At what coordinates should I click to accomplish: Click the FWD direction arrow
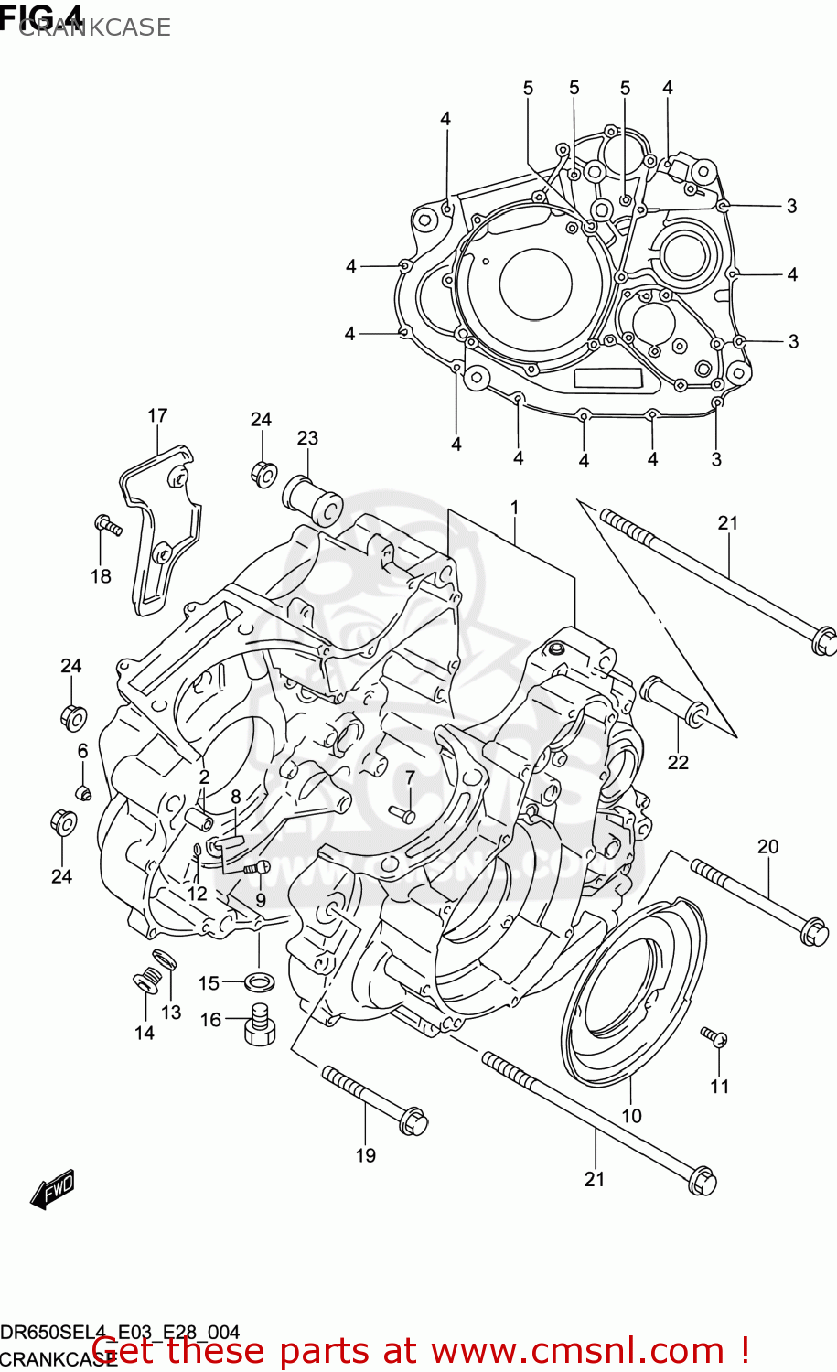(x=52, y=1189)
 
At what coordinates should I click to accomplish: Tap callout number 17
(x=157, y=416)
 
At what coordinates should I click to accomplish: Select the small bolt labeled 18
(x=107, y=526)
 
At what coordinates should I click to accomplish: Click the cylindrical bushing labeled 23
(x=314, y=498)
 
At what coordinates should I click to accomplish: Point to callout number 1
(x=515, y=508)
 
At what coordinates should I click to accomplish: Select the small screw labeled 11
(x=714, y=1036)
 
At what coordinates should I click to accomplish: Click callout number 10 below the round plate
(x=631, y=1116)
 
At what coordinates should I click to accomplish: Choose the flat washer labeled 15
(x=260, y=982)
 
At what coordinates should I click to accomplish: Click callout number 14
(x=145, y=1033)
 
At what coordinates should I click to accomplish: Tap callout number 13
(x=171, y=1013)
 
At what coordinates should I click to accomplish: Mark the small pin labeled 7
(x=402, y=812)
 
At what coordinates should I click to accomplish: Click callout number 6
(x=82, y=751)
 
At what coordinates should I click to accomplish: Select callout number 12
(x=197, y=894)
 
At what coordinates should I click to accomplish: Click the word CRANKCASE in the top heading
(x=94, y=27)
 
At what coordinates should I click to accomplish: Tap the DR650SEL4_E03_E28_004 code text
(x=120, y=1332)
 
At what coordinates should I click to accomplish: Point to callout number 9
(x=261, y=900)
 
